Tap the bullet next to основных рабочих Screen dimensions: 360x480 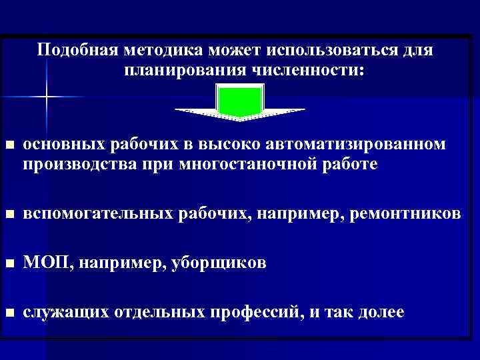pos(9,146)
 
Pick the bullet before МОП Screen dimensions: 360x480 pos(9,263)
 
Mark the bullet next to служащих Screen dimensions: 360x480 pos(9,313)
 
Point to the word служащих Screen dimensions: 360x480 pos(65,313)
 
